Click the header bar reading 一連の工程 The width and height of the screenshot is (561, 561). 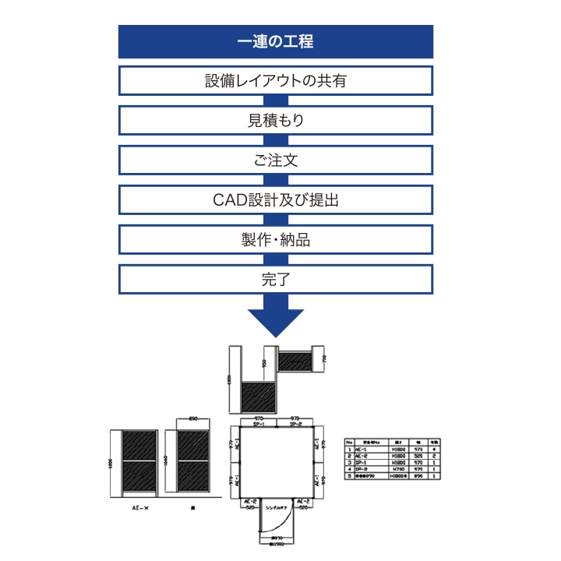point(275,41)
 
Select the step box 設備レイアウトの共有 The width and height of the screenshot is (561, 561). point(275,80)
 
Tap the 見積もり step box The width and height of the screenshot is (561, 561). point(275,120)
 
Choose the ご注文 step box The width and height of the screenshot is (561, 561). point(275,160)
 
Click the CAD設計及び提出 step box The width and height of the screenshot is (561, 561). point(275,199)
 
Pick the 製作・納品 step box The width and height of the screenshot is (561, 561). point(275,239)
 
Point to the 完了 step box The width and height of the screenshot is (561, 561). point(275,279)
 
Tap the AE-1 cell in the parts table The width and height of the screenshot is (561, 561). point(362,449)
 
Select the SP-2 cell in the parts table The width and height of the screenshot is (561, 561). point(362,468)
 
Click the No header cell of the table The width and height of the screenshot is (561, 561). point(348,442)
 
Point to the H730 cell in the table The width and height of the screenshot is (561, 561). point(397,468)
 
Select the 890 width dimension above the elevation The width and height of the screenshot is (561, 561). point(192,418)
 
